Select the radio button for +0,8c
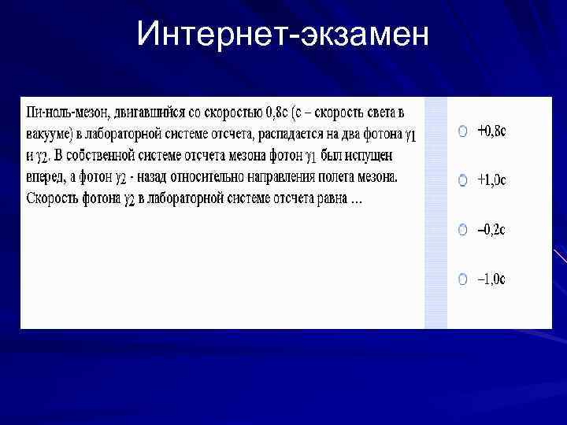(463, 131)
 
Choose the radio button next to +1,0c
(463, 180)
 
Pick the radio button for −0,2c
(463, 230)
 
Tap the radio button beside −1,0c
(463, 279)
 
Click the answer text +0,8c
(491, 131)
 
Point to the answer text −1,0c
(491, 279)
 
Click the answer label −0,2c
(491, 230)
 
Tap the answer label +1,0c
(491, 180)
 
